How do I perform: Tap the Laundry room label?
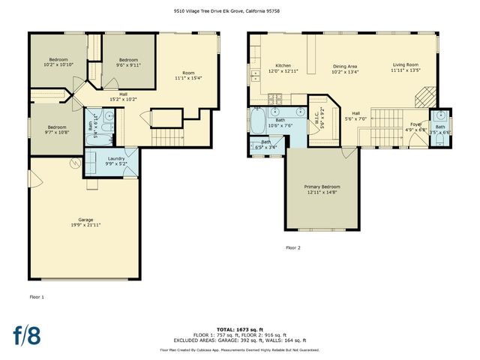pyautogui.click(x=116, y=158)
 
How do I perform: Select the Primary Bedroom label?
pyautogui.click(x=322, y=186)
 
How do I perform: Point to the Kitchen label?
pyautogui.click(x=283, y=65)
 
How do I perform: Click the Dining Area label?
pyautogui.click(x=345, y=66)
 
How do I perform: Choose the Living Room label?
pyautogui.click(x=405, y=65)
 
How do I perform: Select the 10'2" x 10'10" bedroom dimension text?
pyautogui.click(x=59, y=64)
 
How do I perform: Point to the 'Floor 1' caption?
pyautogui.click(x=37, y=297)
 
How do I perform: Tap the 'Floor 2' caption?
pyautogui.click(x=292, y=247)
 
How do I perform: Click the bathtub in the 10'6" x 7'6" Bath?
pyautogui.click(x=259, y=120)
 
